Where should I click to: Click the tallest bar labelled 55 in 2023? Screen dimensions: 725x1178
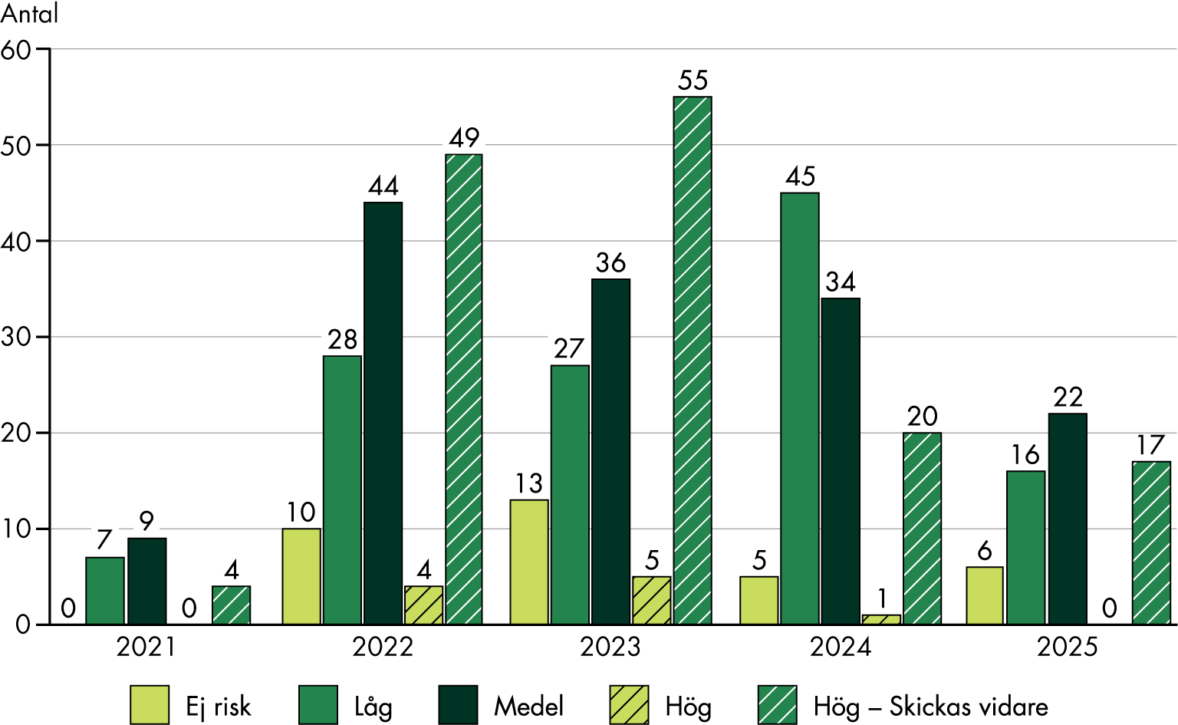coord(693,361)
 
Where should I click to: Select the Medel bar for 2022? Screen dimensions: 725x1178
coord(383,414)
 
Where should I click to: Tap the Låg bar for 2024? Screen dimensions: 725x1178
coord(800,408)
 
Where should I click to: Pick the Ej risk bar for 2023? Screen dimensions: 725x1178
coord(529,562)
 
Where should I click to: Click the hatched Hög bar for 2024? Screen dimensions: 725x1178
coord(881,619)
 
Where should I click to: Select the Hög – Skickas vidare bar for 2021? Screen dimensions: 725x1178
coord(231,605)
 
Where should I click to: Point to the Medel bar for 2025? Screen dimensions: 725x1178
coord(1068,519)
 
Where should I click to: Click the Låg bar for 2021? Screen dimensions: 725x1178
coord(105,591)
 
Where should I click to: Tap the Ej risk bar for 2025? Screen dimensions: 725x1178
coord(985,595)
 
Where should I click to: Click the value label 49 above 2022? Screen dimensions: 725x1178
coord(464,138)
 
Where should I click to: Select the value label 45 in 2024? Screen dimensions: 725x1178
coord(800,177)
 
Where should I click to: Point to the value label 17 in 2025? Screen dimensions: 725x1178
coord(1150,446)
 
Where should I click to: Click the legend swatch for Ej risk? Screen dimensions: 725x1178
coord(150,705)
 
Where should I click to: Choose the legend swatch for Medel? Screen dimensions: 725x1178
coord(458,705)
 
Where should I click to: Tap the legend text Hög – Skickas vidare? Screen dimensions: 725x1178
coord(930,707)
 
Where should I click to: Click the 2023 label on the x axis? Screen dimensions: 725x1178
coord(610,648)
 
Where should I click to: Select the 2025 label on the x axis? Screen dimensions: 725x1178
coord(1067,648)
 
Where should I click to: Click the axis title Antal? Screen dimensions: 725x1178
coord(29,14)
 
